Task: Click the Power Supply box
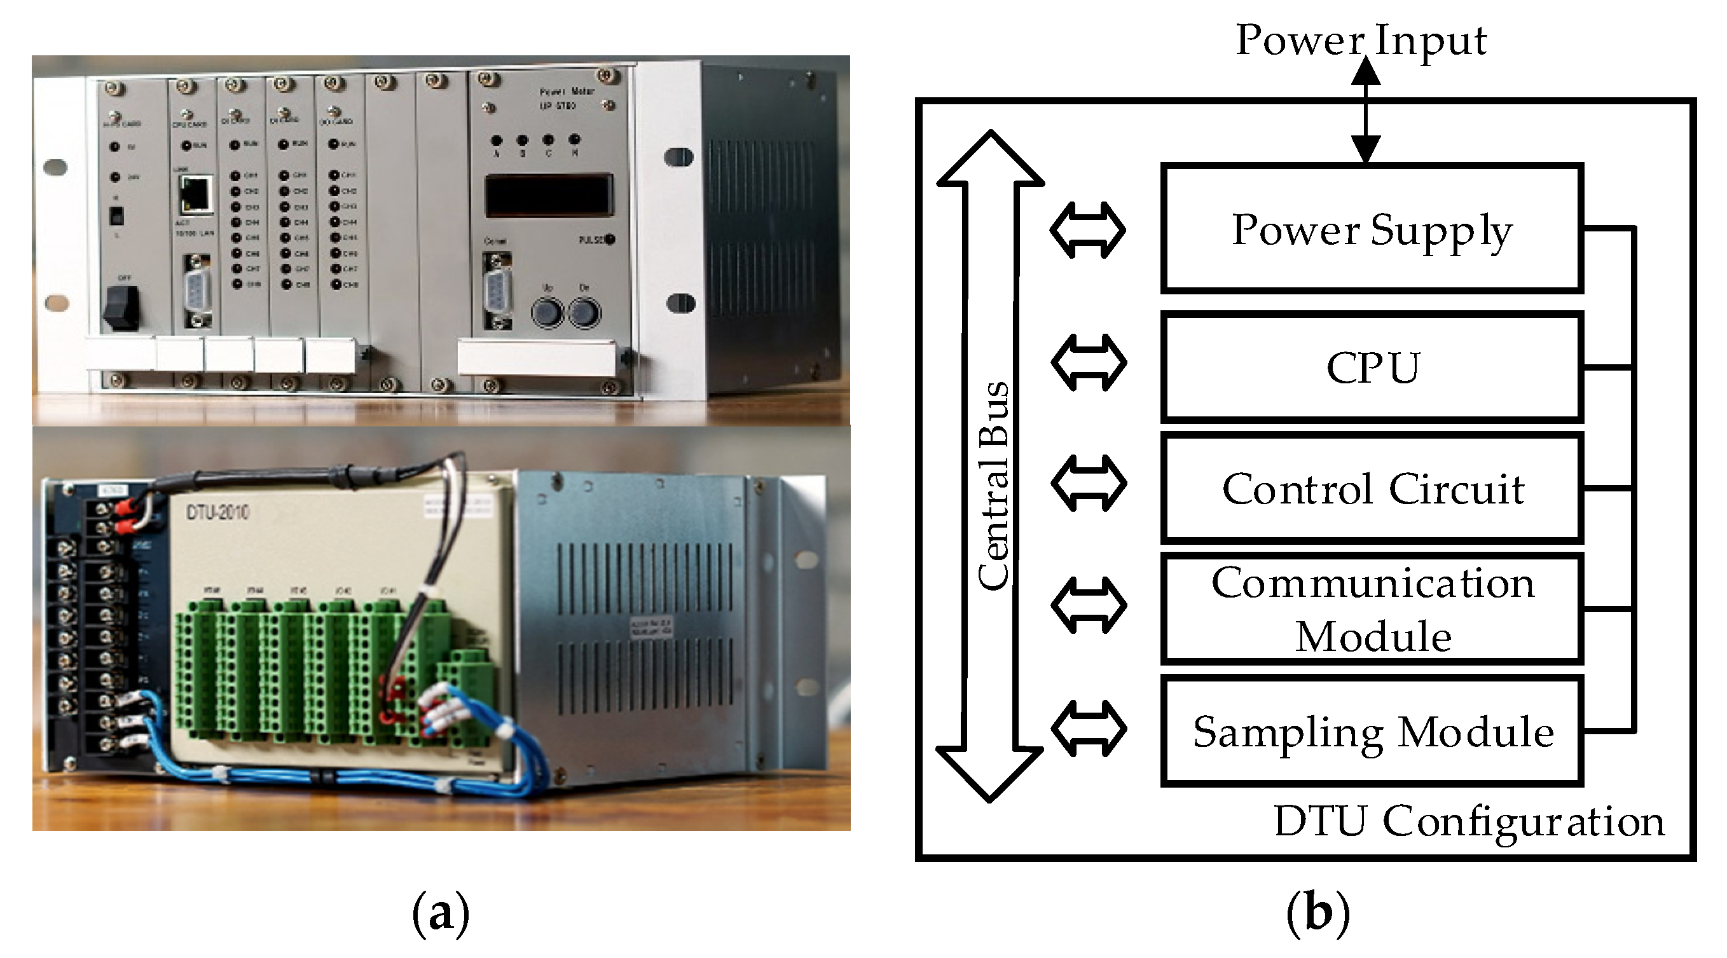tap(1371, 229)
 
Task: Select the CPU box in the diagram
tap(1371, 367)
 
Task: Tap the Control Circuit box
tap(1371, 488)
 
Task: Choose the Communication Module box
tap(1371, 609)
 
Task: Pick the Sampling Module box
tap(1371, 730)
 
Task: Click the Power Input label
tap(1360, 40)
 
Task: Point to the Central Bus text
tap(993, 486)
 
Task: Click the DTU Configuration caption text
tap(1468, 821)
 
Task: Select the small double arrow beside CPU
tap(1088, 363)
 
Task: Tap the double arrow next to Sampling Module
tap(1088, 728)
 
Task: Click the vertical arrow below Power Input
tap(1365, 111)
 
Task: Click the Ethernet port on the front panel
tap(196, 195)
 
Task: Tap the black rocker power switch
tap(121, 307)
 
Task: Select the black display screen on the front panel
tap(548, 195)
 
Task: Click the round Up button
tap(547, 312)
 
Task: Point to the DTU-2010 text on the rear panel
tap(217, 513)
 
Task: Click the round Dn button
tap(584, 312)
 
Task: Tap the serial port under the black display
tap(497, 291)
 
